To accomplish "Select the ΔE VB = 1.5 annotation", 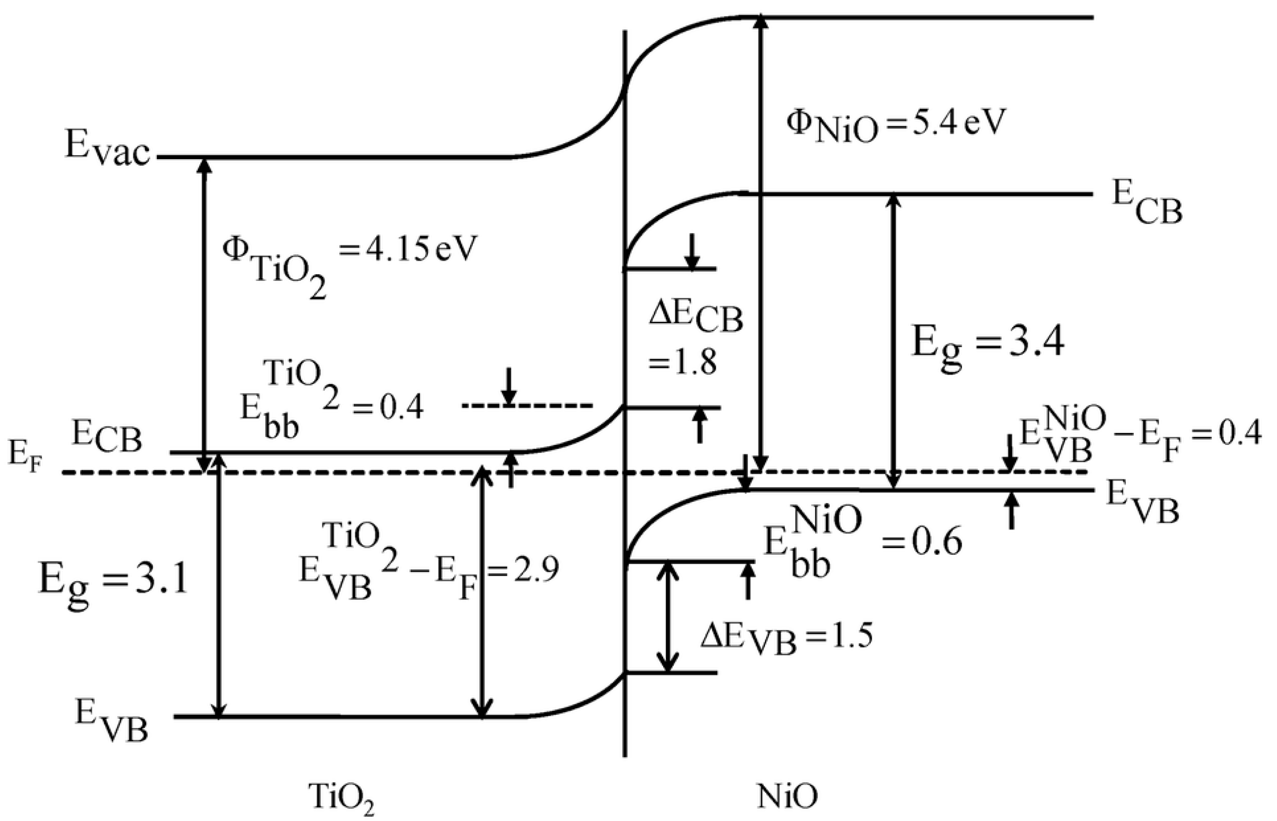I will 786,637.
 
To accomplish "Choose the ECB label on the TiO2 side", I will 107,439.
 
